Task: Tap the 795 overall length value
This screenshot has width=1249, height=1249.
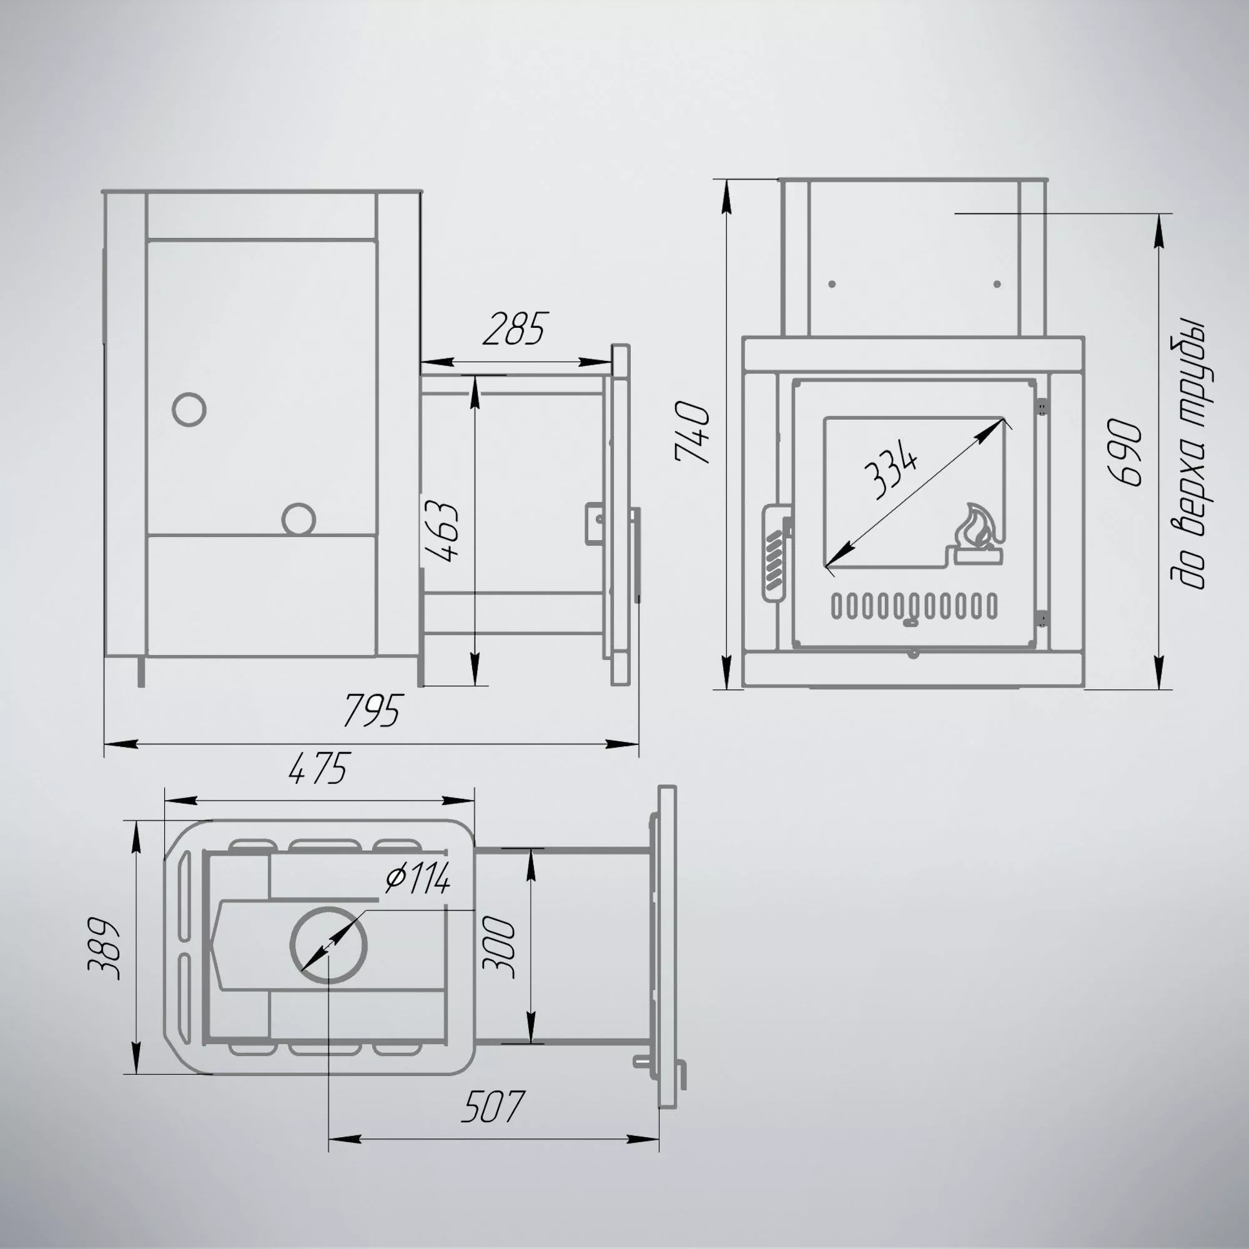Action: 373,711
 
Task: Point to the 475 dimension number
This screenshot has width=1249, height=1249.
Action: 318,768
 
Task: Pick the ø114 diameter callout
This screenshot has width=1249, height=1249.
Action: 417,879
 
